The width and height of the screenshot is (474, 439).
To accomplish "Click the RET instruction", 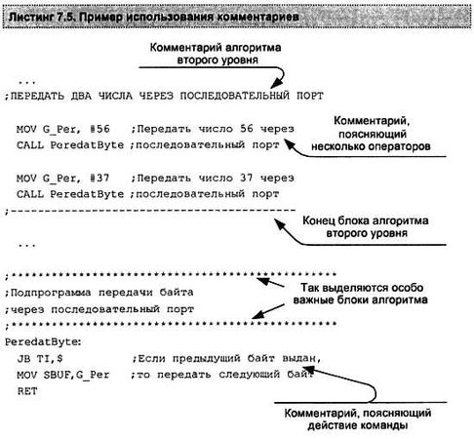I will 26,390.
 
